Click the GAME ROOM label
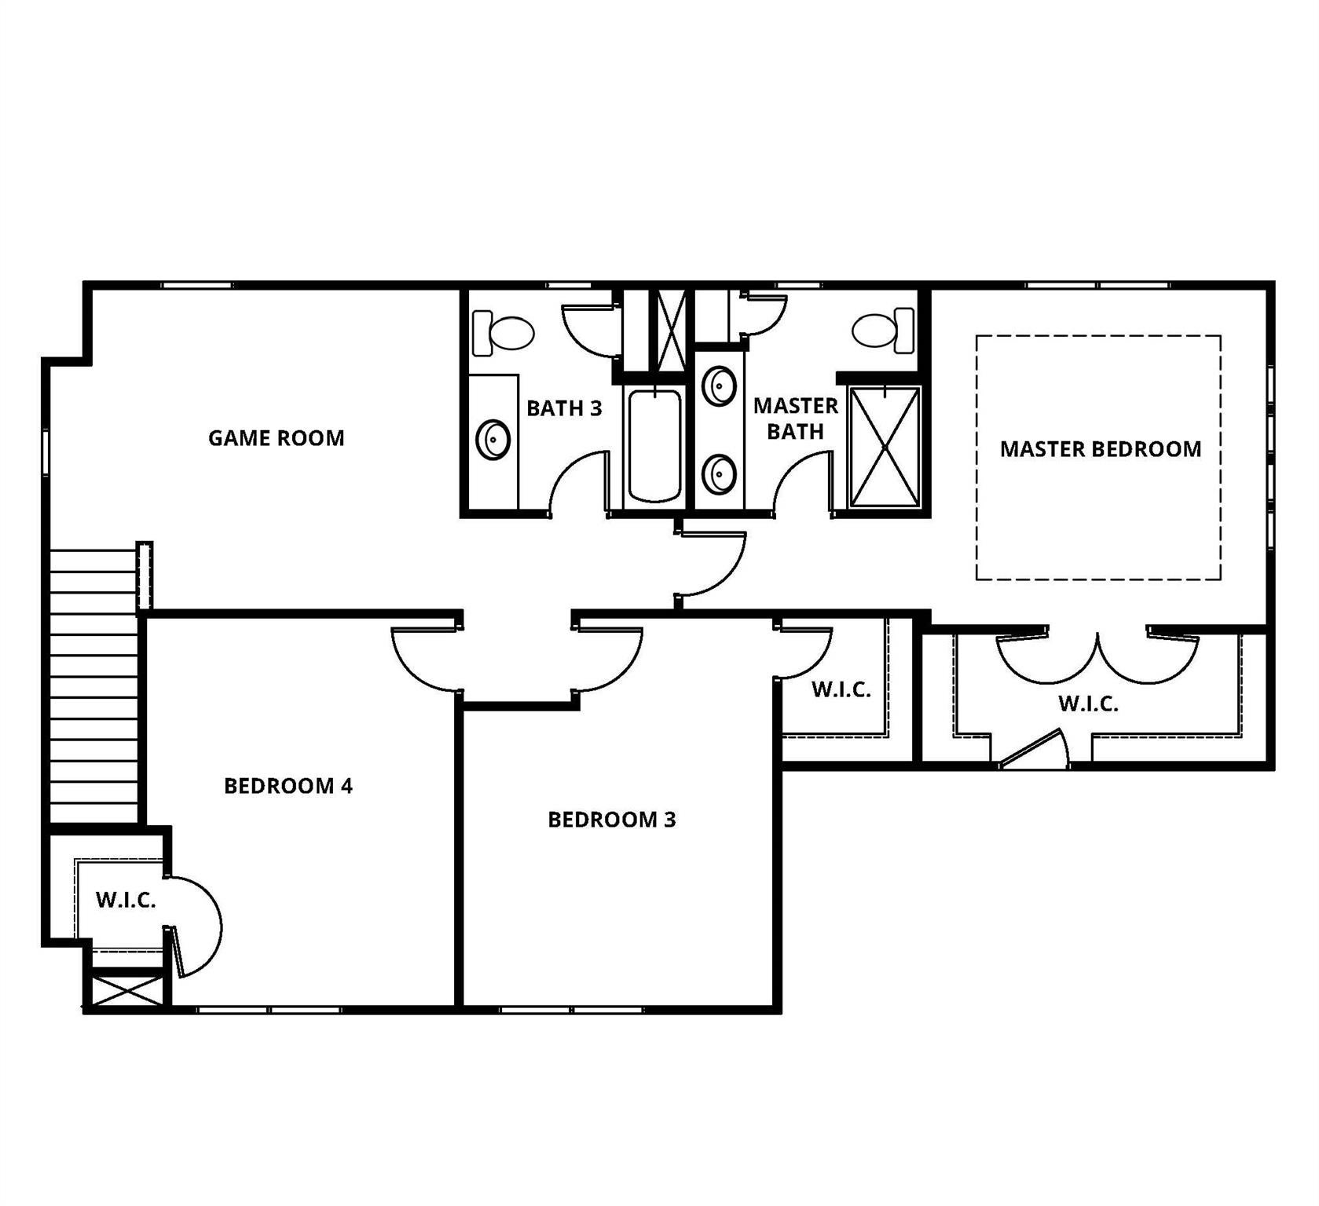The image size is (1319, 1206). [x=277, y=438]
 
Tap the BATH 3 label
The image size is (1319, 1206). [x=564, y=408]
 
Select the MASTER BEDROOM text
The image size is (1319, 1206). [x=1101, y=449]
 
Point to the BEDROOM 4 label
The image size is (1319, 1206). [x=288, y=786]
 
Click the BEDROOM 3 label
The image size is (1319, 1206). [x=612, y=820]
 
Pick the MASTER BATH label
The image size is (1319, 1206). [x=796, y=418]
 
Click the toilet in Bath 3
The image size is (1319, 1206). [x=503, y=333]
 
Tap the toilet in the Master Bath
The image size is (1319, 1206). [x=884, y=331]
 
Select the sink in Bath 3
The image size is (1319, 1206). [x=493, y=440]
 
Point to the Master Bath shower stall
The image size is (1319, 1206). [x=885, y=447]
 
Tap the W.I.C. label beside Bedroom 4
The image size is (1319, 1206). [x=126, y=900]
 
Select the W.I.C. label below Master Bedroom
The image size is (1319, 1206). [x=1089, y=703]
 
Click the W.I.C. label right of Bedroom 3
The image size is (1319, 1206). [x=841, y=689]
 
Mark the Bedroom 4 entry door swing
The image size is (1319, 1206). [x=425, y=660]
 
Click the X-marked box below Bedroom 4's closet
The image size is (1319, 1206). [x=126, y=991]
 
